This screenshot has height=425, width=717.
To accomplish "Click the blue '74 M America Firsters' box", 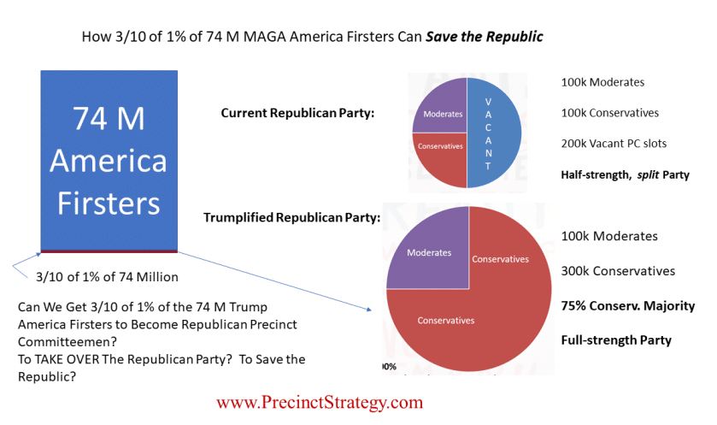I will pos(109,159).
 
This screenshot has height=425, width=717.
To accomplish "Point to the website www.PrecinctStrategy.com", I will pos(319,402).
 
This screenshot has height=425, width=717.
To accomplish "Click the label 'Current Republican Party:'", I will pos(297,113).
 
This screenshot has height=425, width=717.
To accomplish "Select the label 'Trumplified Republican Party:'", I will pos(291,217).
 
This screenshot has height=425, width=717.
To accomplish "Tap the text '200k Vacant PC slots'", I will pos(614,144).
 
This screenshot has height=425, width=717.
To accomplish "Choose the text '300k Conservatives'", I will pos(618,271).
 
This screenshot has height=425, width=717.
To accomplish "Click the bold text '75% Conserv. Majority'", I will pos(627,306).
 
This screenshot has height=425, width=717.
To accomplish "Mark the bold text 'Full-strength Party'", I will pos(616,340).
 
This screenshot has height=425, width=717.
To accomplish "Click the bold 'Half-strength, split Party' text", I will pos(624,175).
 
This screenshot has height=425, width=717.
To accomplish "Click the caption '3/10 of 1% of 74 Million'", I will pos(108,277).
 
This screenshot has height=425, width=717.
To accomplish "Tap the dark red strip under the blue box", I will pos(109,251).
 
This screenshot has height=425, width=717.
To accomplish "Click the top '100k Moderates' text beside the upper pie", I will pos(602,83).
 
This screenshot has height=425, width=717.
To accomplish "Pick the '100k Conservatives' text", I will pos(610,113).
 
